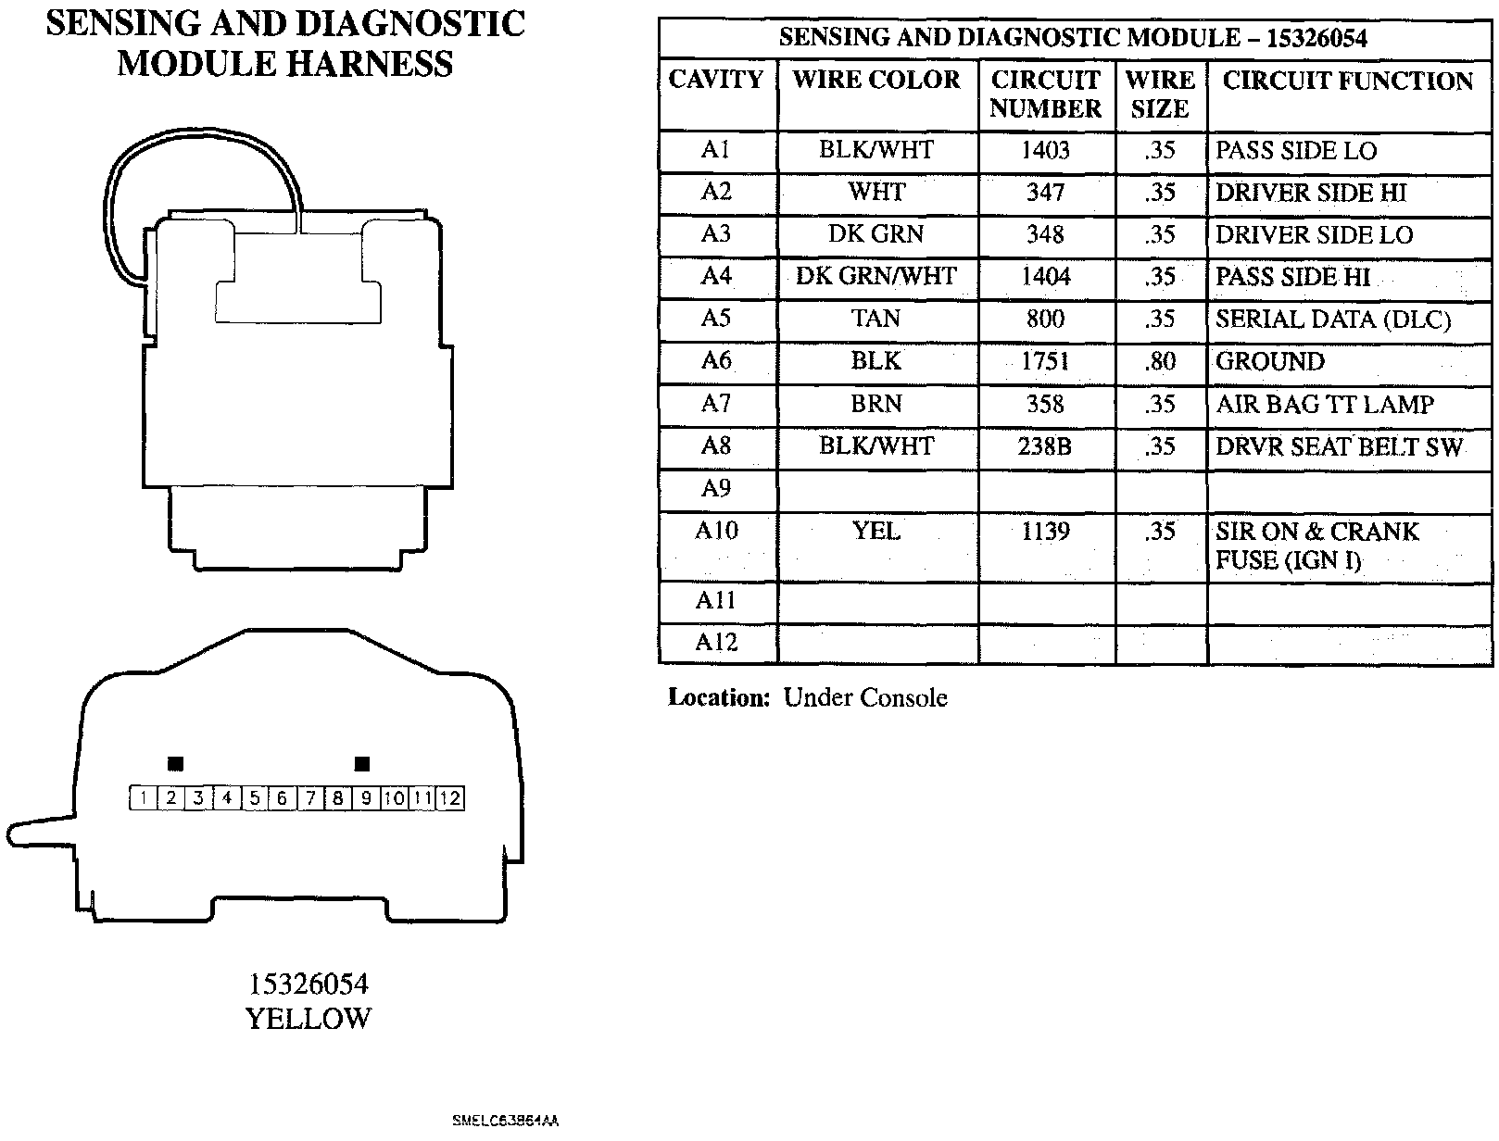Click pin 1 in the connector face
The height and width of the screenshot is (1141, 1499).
(x=144, y=798)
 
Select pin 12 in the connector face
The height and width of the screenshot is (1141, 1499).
(x=450, y=798)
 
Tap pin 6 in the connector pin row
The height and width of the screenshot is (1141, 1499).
(x=283, y=798)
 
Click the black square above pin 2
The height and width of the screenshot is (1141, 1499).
(x=175, y=764)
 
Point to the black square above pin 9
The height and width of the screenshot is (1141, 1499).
(x=363, y=764)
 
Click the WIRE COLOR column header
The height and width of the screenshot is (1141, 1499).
(x=876, y=81)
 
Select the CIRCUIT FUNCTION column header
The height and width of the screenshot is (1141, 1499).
(x=1348, y=81)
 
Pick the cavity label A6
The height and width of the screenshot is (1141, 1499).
(x=716, y=360)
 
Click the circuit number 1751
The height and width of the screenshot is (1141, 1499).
(x=1045, y=361)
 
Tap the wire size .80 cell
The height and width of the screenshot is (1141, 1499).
(x=1160, y=361)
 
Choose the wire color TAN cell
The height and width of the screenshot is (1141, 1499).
(x=876, y=319)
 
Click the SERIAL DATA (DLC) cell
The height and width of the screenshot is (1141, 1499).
(x=1333, y=320)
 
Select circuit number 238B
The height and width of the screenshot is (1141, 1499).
(x=1045, y=446)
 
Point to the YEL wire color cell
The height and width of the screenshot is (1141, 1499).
(x=876, y=532)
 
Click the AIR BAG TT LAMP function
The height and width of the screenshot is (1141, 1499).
(x=1325, y=405)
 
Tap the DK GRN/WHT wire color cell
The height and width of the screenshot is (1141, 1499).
(x=876, y=276)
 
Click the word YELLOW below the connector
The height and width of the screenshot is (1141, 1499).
(x=308, y=1019)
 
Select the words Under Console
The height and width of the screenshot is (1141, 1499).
(x=865, y=698)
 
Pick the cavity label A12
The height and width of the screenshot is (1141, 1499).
(x=716, y=643)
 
